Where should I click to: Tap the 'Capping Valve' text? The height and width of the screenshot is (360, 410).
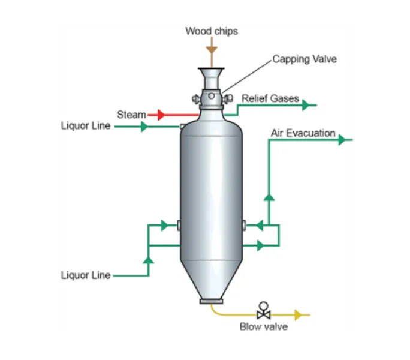[305, 59]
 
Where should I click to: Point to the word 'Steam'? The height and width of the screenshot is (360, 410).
[131, 114]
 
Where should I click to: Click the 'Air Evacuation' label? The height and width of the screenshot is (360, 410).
[303, 133]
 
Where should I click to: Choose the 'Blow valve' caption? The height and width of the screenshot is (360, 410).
[263, 327]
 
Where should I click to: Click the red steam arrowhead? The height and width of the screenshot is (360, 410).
[161, 115]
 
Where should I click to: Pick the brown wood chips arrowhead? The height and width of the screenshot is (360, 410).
[210, 48]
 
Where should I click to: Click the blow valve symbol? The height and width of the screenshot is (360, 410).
[263, 311]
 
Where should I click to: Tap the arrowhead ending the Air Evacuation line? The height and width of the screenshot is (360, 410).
[343, 140]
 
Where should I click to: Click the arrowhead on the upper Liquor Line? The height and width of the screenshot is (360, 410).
[143, 127]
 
